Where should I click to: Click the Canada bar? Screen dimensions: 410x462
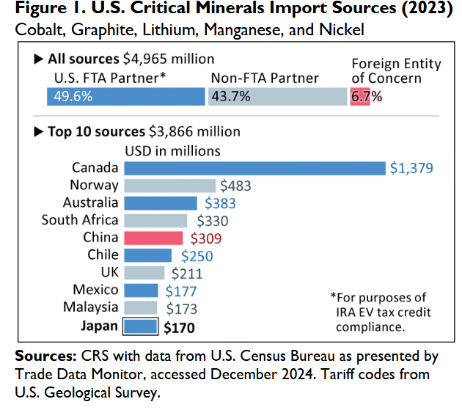click(254, 168)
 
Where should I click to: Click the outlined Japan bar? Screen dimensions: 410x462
click(141, 325)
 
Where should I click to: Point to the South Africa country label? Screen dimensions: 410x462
click(79, 220)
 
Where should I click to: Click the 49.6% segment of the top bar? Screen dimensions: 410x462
click(125, 96)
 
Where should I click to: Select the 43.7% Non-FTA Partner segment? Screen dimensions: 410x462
click(277, 96)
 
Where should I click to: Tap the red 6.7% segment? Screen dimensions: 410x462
click(359, 96)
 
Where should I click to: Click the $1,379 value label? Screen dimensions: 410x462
click(412, 169)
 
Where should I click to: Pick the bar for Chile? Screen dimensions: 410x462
click(147, 255)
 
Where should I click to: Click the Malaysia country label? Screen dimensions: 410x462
click(90, 307)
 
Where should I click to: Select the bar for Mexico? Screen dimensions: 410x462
click(141, 290)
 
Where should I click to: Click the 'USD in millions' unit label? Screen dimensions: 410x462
click(173, 150)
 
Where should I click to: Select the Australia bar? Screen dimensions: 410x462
click(161, 203)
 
